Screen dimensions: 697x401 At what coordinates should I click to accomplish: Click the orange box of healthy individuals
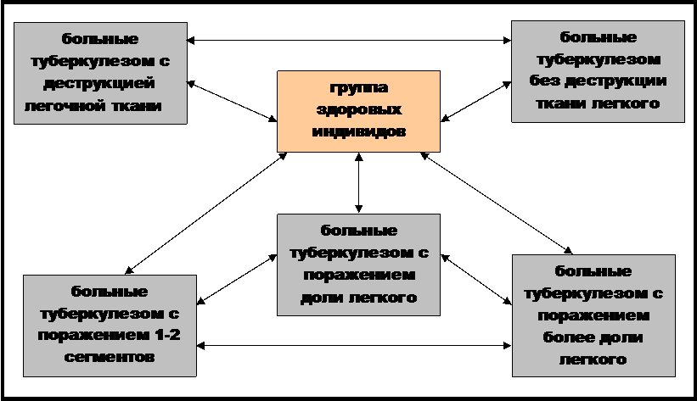coord(359,111)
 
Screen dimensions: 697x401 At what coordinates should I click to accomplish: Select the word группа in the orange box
coord(359,88)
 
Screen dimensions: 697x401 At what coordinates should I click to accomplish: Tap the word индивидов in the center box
coord(359,131)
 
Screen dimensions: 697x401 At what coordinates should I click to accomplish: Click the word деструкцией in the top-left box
coord(99,83)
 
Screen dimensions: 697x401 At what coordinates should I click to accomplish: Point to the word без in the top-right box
coord(544,81)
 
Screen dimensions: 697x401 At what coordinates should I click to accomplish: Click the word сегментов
coord(110,357)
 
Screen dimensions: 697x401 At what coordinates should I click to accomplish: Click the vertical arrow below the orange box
coord(359,183)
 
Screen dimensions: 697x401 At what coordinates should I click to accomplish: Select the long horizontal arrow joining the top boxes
coord(349,41)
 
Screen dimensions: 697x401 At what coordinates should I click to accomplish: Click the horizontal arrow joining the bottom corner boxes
coord(354,346)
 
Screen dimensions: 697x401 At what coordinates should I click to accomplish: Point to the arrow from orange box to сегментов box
coord(205,213)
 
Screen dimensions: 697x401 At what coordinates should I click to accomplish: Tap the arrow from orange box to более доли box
coord(496,203)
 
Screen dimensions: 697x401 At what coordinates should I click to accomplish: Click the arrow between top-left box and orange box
coord(232,101)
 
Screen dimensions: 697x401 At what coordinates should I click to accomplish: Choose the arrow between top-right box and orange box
coord(475,101)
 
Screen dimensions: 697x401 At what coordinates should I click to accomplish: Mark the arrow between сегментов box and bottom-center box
coord(237,279)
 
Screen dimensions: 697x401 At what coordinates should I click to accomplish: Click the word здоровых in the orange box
coord(359,109)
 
